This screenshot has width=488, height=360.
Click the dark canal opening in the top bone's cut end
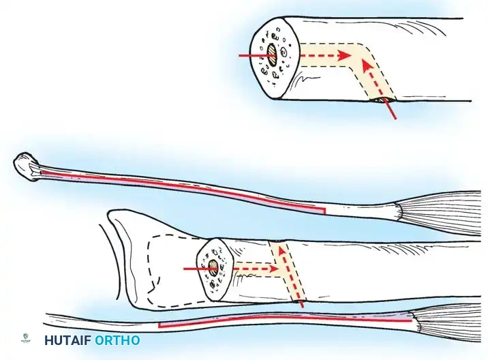(271, 54)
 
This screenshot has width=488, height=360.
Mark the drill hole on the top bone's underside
(380, 100)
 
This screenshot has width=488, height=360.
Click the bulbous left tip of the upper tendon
(25, 165)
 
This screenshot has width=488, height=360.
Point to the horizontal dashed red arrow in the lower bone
(256, 269)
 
